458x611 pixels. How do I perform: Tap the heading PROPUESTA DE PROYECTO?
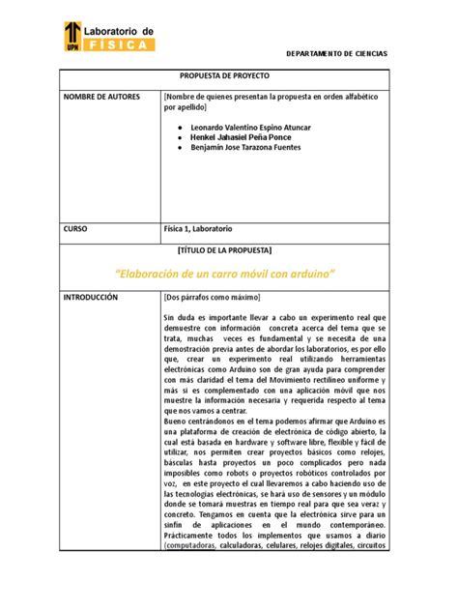(x=225, y=75)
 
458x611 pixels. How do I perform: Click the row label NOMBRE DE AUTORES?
(x=101, y=97)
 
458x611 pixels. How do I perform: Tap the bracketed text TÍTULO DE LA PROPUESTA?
(x=224, y=249)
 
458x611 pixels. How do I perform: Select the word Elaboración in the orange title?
(x=157, y=274)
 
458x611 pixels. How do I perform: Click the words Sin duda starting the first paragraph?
(x=179, y=317)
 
